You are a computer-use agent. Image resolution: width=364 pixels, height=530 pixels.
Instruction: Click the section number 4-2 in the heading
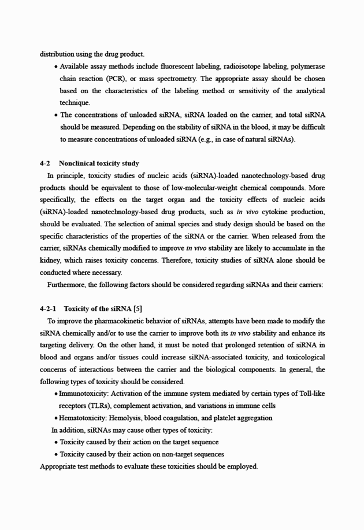[x=44, y=164]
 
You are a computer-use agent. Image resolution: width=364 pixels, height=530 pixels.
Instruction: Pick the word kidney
[x=51, y=260]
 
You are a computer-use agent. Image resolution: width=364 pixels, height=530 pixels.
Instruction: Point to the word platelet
[x=223, y=418]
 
